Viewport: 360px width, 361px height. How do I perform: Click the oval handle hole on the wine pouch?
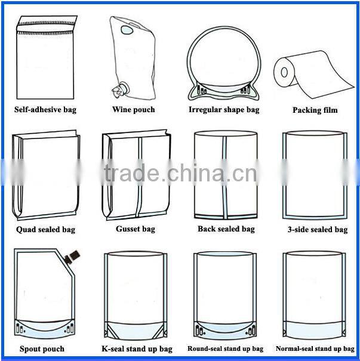pos(127,30)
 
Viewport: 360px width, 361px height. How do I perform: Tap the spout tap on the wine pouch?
pos(119,89)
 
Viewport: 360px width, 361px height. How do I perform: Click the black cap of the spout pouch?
pos(72,257)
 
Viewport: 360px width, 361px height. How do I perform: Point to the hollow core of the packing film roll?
pos(284,72)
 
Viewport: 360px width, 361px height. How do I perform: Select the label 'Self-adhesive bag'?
pos(45,110)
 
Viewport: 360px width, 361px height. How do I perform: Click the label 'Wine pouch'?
pos(134,110)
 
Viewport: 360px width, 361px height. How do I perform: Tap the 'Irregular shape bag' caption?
pos(224,110)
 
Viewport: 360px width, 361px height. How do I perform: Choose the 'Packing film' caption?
pos(315,110)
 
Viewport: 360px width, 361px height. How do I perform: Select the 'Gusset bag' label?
pos(136,229)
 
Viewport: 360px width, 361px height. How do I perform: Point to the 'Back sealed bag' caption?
pos(226,229)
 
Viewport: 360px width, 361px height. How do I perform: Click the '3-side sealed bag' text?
pos(318,230)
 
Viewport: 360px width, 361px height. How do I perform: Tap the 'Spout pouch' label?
pos(42,349)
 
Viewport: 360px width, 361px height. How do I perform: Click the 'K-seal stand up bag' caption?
pos(137,349)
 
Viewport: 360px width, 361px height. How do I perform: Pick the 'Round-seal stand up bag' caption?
pos(225,348)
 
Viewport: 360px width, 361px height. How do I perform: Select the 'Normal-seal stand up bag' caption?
pos(315,348)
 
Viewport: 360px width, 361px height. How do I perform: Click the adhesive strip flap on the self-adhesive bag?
pos(47,24)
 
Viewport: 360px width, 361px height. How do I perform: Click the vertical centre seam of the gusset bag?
pos(139,177)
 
